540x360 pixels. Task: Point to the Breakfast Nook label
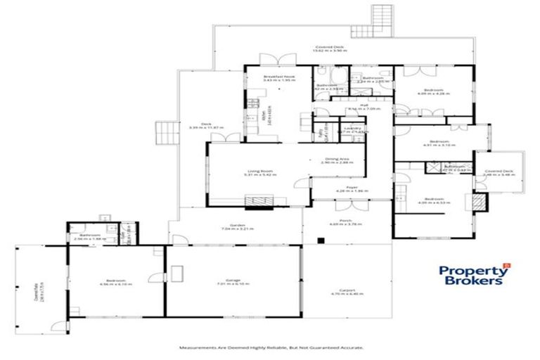coord(279,78)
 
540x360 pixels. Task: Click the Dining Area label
coord(335,160)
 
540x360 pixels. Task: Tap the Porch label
coord(340,224)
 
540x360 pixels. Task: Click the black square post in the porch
coord(321,241)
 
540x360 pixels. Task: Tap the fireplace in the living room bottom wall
coord(258,202)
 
